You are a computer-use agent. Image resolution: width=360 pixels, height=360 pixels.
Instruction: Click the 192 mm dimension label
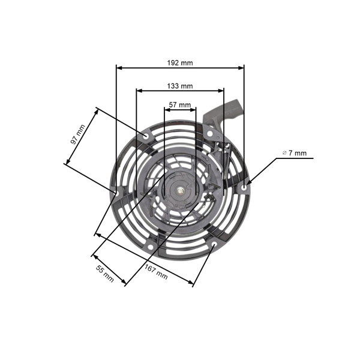(180, 62)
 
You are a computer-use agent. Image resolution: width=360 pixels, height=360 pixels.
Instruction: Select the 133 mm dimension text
(180, 86)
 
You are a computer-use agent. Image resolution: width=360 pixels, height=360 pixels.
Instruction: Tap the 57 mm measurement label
(180, 104)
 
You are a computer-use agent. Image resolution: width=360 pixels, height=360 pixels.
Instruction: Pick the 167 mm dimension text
(156, 272)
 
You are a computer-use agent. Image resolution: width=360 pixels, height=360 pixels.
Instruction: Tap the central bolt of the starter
(180, 192)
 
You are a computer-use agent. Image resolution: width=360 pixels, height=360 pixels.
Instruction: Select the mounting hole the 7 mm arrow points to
(244, 187)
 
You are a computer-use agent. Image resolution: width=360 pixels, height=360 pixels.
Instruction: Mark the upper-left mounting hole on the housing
(147, 137)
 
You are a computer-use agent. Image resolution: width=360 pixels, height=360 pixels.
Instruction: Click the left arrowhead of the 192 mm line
(118, 67)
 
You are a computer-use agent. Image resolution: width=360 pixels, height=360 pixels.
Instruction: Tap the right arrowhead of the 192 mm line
(242, 67)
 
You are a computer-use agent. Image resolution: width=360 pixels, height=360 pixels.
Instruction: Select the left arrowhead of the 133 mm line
(139, 91)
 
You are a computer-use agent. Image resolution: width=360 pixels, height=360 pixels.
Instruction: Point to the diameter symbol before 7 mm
(284, 154)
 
